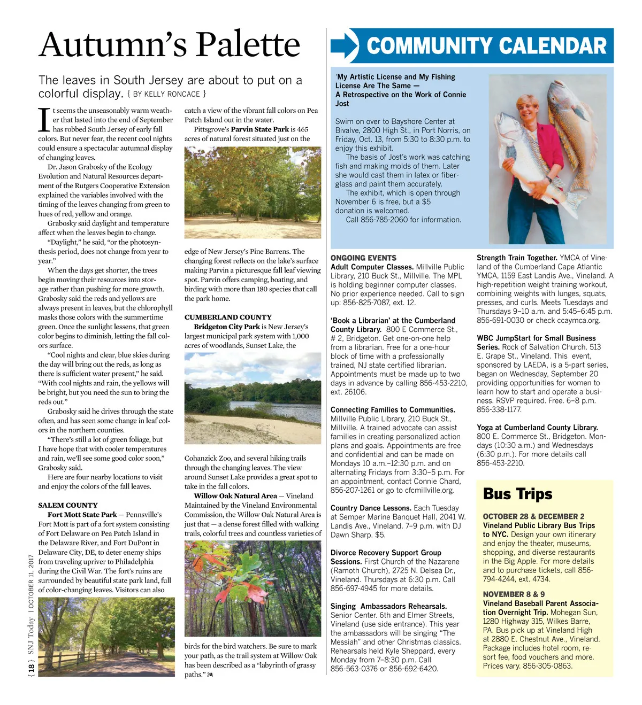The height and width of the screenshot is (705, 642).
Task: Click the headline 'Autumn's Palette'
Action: tap(169, 44)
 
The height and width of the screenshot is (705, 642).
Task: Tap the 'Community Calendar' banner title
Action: tap(486, 46)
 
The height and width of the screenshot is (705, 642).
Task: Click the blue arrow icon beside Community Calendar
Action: tap(344, 46)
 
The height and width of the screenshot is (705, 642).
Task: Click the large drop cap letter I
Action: tap(44, 120)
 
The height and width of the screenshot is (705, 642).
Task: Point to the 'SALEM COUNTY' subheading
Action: tap(68, 505)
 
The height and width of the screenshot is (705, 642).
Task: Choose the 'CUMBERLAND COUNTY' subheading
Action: tap(228, 317)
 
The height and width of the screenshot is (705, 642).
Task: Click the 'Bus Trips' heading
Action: tap(517, 494)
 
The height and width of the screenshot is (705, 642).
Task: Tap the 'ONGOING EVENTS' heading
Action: tap(363, 258)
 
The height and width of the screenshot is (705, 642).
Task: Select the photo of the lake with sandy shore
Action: tap(253, 398)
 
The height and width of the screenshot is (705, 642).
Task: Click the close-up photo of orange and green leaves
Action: tap(253, 588)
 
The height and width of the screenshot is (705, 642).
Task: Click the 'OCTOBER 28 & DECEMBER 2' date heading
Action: tap(533, 516)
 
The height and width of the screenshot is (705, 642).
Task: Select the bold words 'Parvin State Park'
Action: tap(259, 129)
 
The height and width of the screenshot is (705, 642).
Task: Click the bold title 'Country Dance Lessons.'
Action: tap(371, 508)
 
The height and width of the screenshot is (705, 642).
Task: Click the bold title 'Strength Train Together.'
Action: tap(517, 258)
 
